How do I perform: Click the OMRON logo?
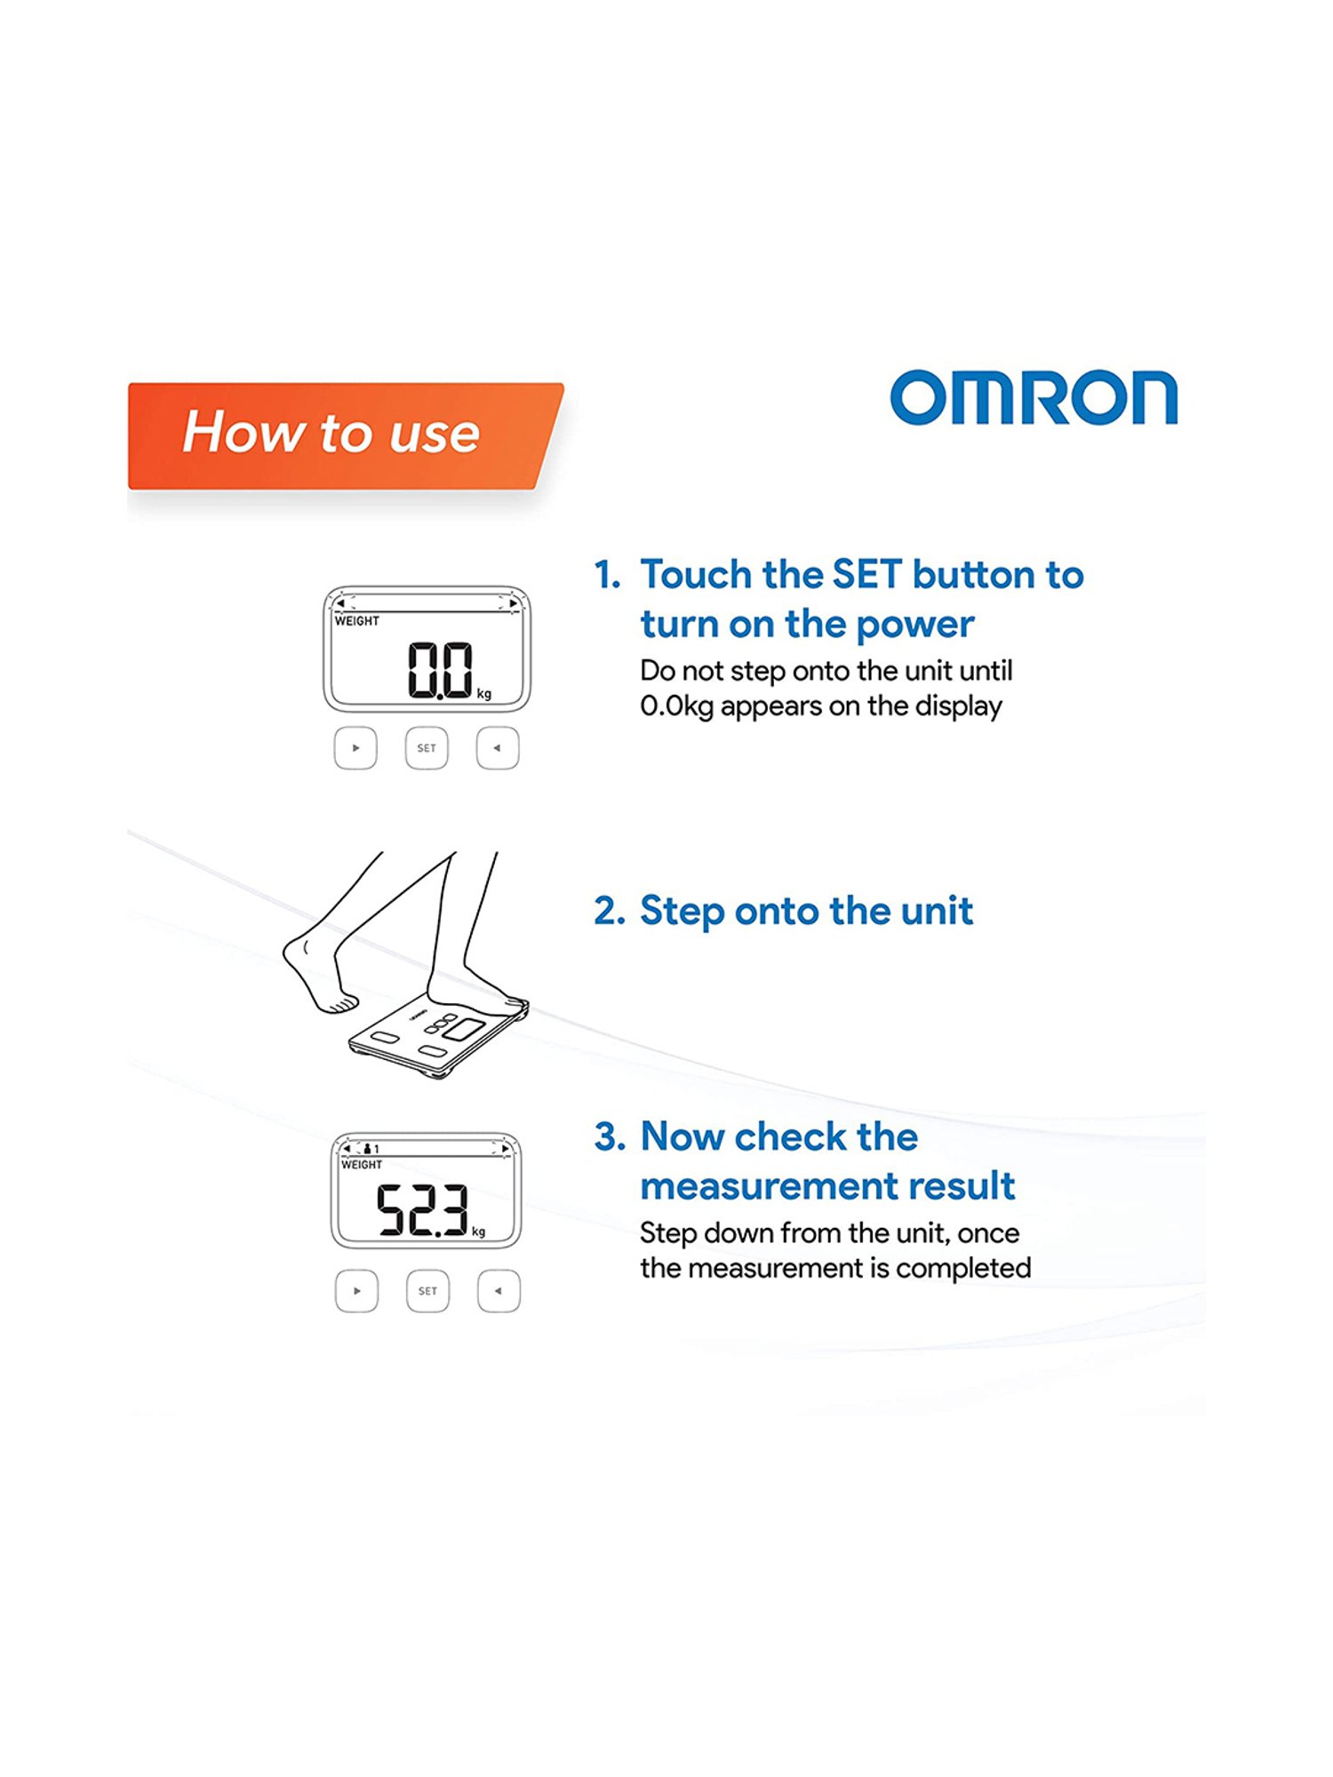click(1034, 397)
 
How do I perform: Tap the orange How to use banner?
click(346, 435)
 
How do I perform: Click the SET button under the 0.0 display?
click(427, 748)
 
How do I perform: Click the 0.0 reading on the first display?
click(440, 670)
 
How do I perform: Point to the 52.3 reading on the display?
click(423, 1209)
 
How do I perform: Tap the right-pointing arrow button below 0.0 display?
click(355, 748)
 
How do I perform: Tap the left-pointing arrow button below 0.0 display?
click(498, 748)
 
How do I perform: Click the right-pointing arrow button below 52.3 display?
click(356, 1291)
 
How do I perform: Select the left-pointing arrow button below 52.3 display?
click(499, 1291)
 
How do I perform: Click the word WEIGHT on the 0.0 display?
click(357, 621)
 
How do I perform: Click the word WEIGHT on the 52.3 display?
click(362, 1165)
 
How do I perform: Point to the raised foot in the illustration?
click(320, 974)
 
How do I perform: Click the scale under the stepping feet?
click(437, 1040)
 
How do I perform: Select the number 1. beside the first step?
click(608, 575)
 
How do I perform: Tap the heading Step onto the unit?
click(806, 912)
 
